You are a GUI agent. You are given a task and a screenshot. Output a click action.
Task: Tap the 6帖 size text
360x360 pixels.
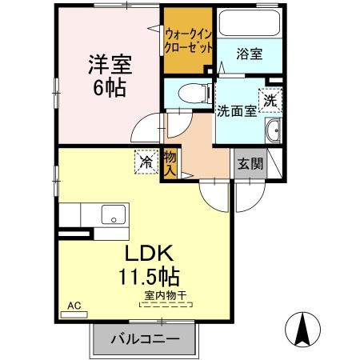[x=108, y=87]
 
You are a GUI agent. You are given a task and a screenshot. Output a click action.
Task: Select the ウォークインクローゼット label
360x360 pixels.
[x=189, y=40]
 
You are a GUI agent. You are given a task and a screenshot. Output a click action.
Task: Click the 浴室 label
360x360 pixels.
[x=249, y=54]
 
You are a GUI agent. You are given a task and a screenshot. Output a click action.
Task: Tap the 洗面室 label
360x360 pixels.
[x=237, y=111]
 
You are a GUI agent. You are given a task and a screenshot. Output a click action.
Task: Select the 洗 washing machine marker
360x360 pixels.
[x=271, y=102]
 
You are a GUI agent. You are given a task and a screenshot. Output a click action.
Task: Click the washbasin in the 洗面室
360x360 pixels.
[x=274, y=132]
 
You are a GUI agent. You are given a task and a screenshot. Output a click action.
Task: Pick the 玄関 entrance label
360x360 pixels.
[x=249, y=163]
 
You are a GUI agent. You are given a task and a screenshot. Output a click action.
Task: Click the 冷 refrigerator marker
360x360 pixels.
[x=147, y=162]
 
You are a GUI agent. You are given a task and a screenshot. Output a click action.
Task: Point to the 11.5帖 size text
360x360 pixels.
[x=149, y=278]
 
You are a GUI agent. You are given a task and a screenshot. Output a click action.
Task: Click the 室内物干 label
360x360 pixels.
[x=165, y=297]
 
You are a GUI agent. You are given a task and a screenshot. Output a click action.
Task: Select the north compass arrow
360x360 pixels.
[x=304, y=327]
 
